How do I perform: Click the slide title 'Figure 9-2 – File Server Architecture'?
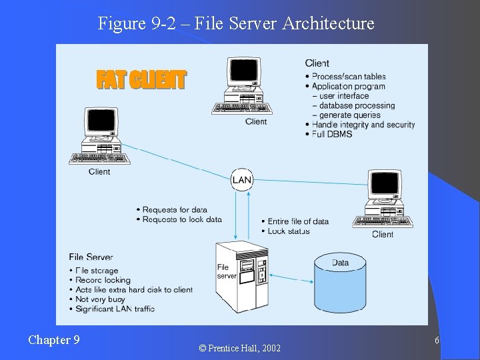pyautogui.click(x=236, y=23)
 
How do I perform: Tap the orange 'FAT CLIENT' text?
pyautogui.click(x=141, y=80)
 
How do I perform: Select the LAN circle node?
pyautogui.click(x=242, y=180)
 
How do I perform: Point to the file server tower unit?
pyautogui.click(x=243, y=274)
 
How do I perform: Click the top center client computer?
pyautogui.click(x=241, y=87)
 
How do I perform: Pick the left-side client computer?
pyautogui.click(x=99, y=137)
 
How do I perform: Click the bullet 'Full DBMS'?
pyautogui.click(x=332, y=134)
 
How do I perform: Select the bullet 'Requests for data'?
pyautogui.click(x=175, y=210)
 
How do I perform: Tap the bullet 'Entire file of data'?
pyautogui.click(x=298, y=221)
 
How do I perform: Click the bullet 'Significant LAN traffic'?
pyautogui.click(x=115, y=309)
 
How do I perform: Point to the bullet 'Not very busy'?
pyautogui.click(x=101, y=299)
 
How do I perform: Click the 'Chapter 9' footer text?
pyautogui.click(x=54, y=340)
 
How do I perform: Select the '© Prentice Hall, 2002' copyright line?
pyautogui.click(x=240, y=348)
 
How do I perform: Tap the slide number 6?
pyautogui.click(x=436, y=341)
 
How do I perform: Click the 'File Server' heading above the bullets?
pyautogui.click(x=91, y=257)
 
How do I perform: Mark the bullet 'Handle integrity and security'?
pyautogui.click(x=363, y=125)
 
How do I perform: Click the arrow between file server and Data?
pyautogui.click(x=293, y=278)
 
